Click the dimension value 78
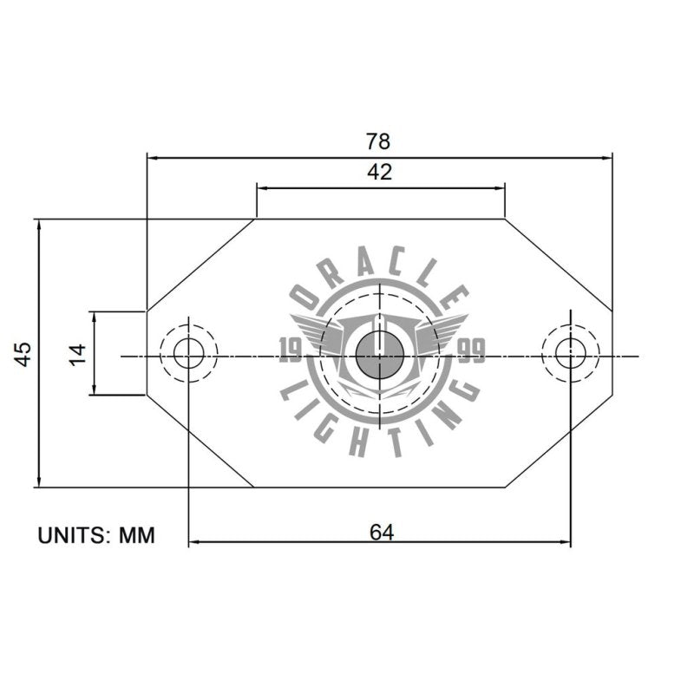tap(379, 141)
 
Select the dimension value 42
tap(379, 172)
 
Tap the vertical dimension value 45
tap(23, 353)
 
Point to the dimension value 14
tap(78, 353)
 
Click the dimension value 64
tap(381, 532)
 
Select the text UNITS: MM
tap(95, 535)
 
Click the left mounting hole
tap(188, 353)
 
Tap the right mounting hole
tap(570, 353)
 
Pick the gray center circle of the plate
tap(379, 354)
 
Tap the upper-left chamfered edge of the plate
tap(200, 265)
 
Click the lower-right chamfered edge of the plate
tap(559, 442)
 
